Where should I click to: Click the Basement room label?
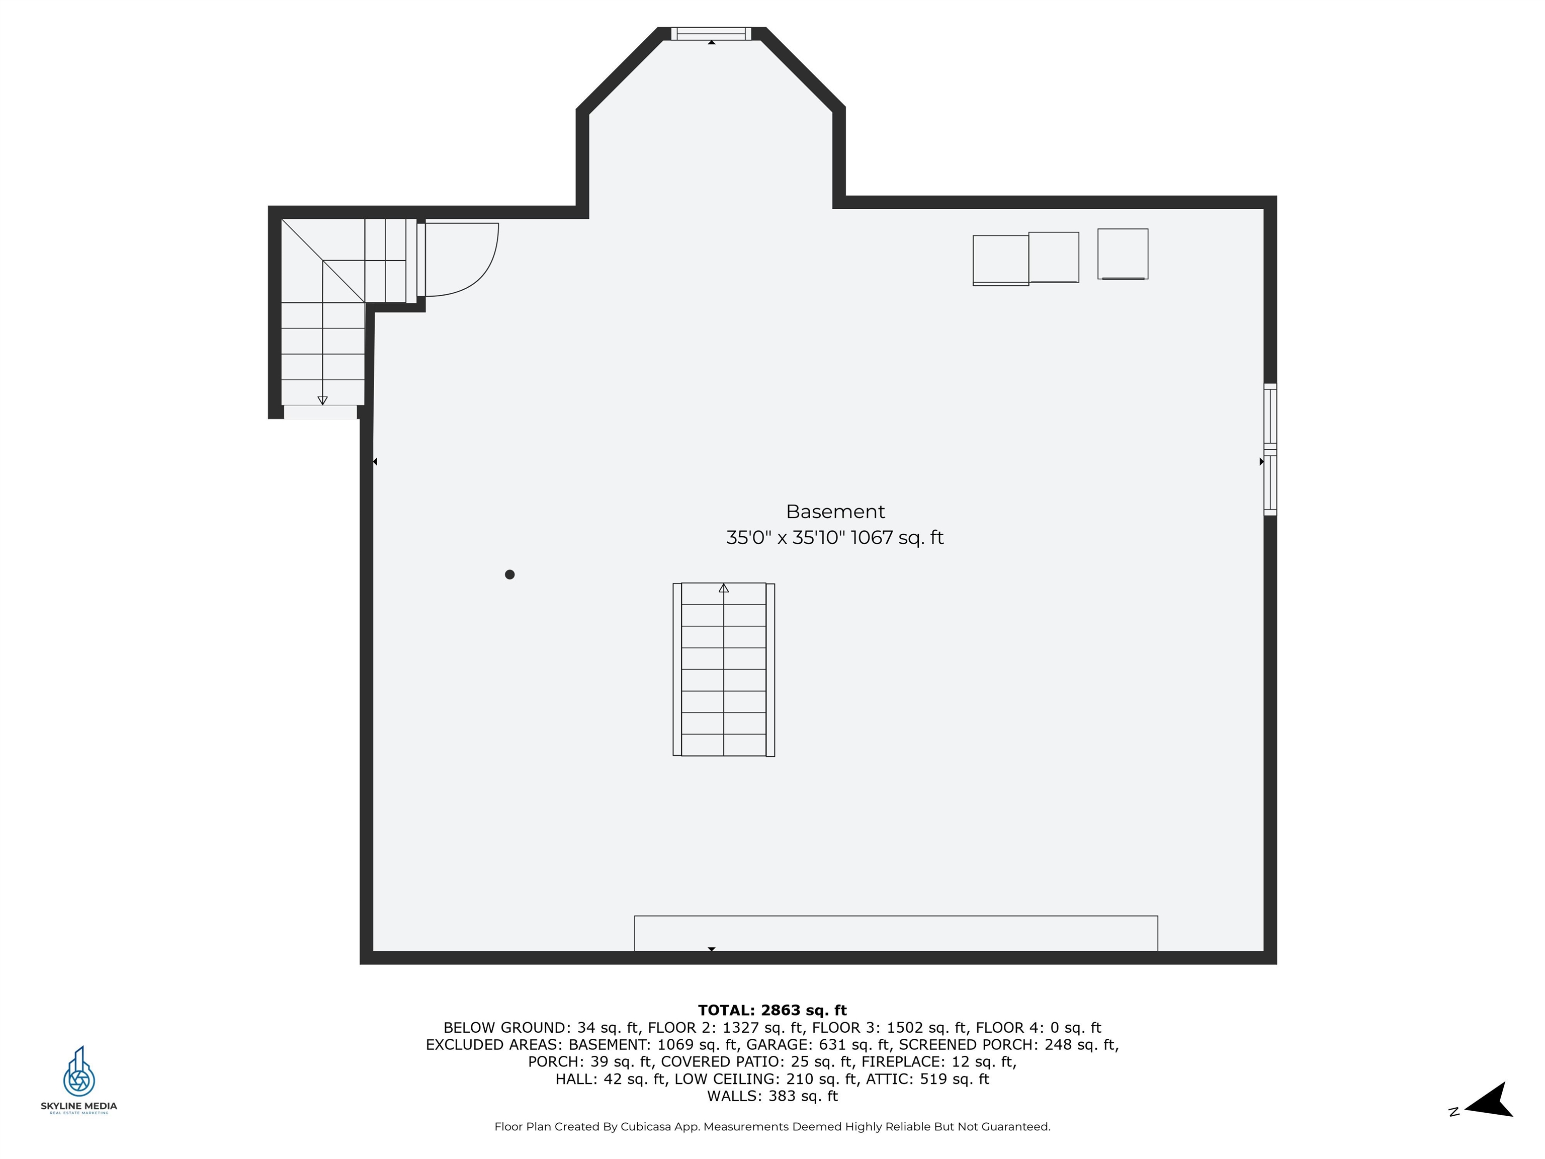(x=835, y=512)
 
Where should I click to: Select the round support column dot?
(x=510, y=574)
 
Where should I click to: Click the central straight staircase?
(x=724, y=669)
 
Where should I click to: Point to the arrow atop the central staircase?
(x=724, y=588)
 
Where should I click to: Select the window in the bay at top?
(x=711, y=34)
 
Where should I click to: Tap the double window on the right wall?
(x=1270, y=449)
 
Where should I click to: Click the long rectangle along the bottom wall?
(x=896, y=933)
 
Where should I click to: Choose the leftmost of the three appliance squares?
(x=1001, y=261)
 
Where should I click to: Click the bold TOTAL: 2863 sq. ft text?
(x=772, y=1010)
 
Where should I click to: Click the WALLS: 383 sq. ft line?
(x=772, y=1096)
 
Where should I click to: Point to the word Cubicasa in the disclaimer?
(x=650, y=1126)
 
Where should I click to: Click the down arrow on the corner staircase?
(x=323, y=400)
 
